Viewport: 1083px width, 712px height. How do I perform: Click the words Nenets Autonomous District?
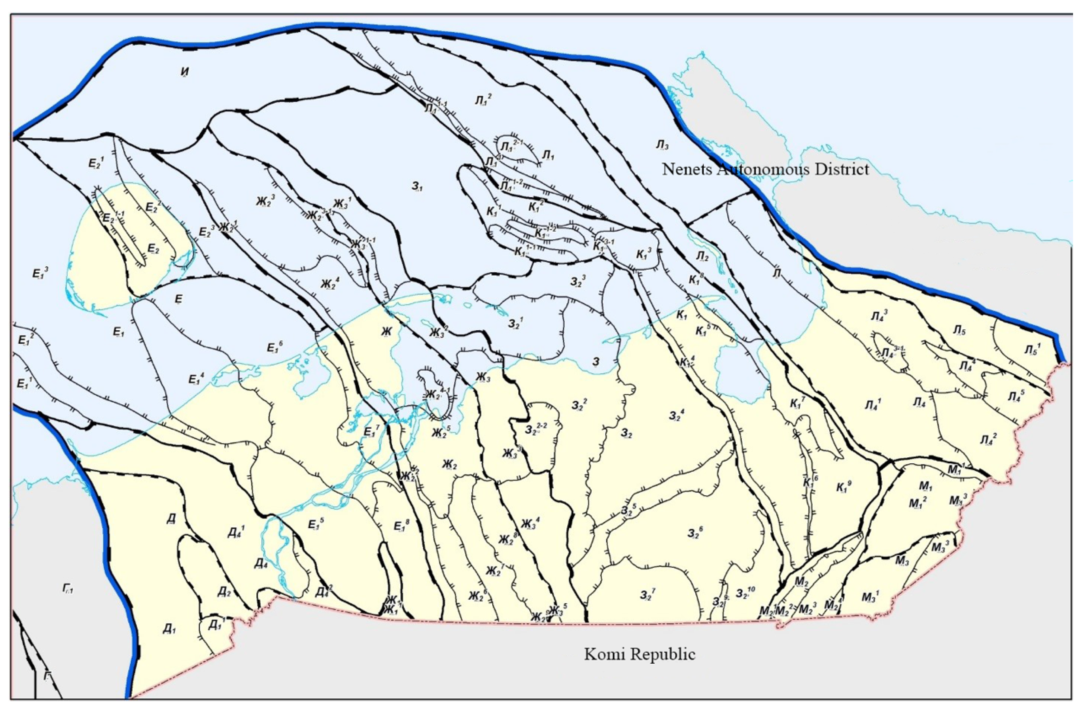[765, 169]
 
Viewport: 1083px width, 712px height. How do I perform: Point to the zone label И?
[185, 72]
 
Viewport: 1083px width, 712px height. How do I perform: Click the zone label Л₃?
[662, 145]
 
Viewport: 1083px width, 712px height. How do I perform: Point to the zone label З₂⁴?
[677, 414]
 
